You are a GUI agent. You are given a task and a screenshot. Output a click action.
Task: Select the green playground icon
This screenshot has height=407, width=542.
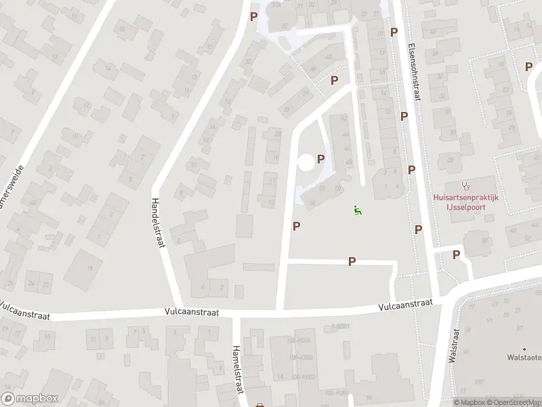[x=357, y=210]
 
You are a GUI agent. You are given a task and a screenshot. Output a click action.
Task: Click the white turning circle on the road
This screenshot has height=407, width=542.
[x=306, y=162]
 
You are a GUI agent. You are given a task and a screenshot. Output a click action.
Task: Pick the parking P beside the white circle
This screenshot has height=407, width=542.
[x=320, y=159]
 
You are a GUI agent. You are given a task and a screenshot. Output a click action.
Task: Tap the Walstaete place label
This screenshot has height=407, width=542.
[x=526, y=357]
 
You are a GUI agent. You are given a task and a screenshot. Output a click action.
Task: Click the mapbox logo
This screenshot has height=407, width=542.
[x=29, y=399]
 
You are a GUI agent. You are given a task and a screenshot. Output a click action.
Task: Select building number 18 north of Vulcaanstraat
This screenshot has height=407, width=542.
[x=90, y=268]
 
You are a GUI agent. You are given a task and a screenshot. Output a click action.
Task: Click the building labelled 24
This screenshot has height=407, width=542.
[x=31, y=284]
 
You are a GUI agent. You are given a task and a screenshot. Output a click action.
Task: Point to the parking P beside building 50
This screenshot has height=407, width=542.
[x=334, y=80]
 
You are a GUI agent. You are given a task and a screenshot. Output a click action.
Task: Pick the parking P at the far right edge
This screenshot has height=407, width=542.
[x=528, y=66]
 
